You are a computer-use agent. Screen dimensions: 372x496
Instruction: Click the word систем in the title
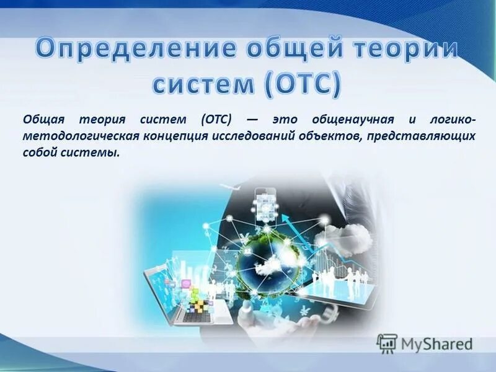204,85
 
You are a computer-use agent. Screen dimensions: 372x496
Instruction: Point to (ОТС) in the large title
302,85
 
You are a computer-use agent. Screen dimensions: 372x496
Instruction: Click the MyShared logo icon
387,343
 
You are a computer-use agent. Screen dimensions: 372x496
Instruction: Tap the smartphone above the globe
265,204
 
